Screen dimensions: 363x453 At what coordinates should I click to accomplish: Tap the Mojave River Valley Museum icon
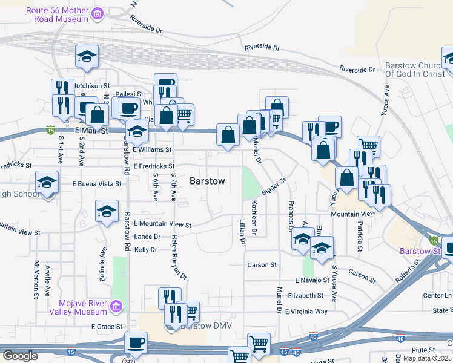tap(117, 308)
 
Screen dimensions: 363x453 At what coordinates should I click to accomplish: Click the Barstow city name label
tap(207, 181)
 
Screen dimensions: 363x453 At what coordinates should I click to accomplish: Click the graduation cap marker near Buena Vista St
tap(47, 182)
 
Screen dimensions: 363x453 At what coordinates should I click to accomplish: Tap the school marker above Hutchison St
tap(87, 57)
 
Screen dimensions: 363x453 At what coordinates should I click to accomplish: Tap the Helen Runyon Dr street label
tap(179, 257)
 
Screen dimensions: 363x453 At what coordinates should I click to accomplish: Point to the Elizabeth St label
tap(306, 296)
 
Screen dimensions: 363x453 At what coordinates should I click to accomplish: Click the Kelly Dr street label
tap(145, 249)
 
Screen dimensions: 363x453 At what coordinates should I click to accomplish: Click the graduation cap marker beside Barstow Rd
tap(107, 212)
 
